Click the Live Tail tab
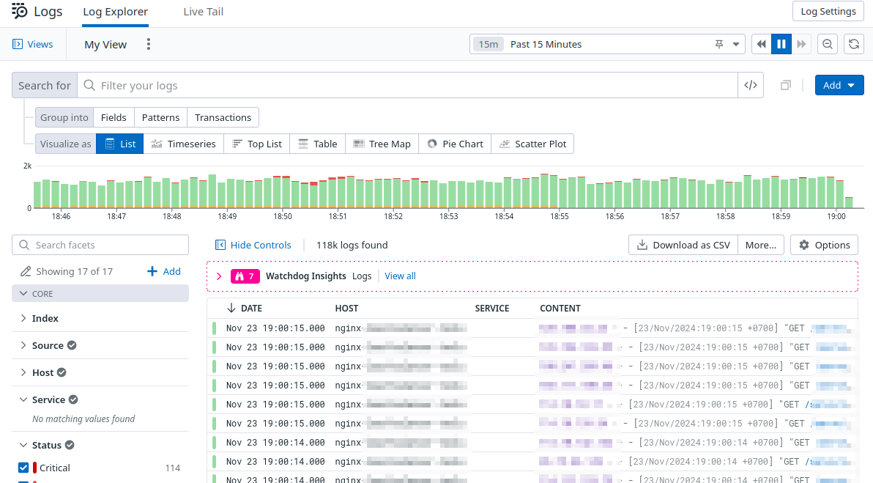coord(203,12)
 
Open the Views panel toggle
coord(33,44)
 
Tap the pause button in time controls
coord(781,44)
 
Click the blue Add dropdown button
coord(839,85)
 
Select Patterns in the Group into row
coord(160,117)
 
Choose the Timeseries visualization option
coord(184,144)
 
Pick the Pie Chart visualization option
coord(455,144)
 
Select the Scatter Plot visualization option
coord(532,144)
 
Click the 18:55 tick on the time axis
coord(560,216)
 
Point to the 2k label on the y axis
coord(27,166)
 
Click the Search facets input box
coord(100,245)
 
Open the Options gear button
coord(824,245)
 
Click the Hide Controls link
coord(253,245)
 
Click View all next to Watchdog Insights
coord(400,276)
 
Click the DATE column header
coord(251,309)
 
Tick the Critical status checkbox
coord(23,468)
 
